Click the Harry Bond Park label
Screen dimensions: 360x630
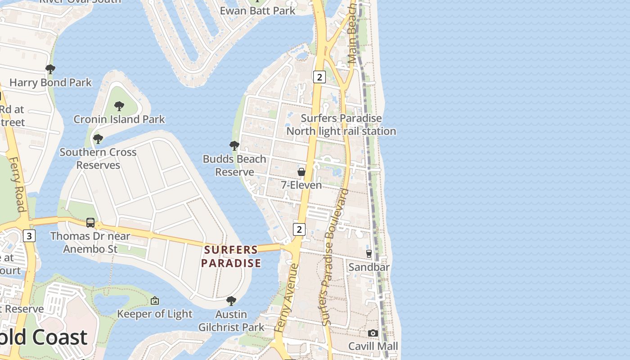[50, 83]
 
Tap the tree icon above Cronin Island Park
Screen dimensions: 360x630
[119, 106]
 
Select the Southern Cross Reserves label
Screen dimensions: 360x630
[98, 158]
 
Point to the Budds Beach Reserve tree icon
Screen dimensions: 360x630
[234, 145]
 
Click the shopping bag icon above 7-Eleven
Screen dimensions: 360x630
[301, 172]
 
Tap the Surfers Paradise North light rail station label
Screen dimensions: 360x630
[341, 125]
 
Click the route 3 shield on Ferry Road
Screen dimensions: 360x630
[29, 235]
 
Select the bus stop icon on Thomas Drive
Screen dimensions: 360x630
[90, 223]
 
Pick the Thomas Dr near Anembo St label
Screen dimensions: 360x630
[90, 243]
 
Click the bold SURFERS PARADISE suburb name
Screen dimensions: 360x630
[231, 256]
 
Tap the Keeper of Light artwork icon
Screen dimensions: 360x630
[155, 300]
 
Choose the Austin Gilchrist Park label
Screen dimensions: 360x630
[231, 320]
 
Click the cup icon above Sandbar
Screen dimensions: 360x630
[369, 254]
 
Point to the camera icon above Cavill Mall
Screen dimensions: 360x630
[373, 333]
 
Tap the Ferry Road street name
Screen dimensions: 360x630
[16, 184]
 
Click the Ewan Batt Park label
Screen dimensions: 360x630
[257, 10]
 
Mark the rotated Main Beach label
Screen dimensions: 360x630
[353, 34]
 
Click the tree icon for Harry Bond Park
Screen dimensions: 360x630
[50, 69]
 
